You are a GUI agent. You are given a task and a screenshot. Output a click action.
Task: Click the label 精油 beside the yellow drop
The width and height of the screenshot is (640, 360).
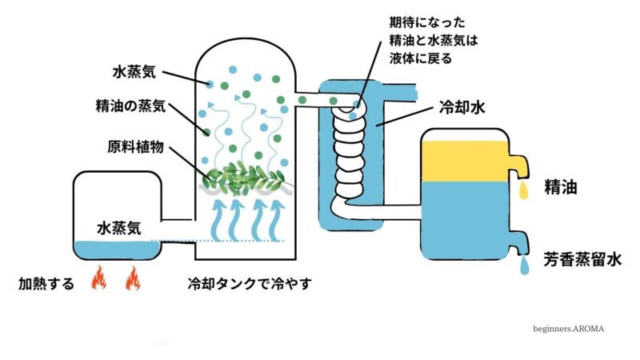click(561, 187)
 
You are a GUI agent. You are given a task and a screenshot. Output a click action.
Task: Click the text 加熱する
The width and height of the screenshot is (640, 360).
click(47, 283)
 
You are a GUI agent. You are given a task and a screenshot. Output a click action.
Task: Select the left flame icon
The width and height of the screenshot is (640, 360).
click(99, 279)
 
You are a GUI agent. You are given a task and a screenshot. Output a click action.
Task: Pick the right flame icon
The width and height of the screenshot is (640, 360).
click(133, 279)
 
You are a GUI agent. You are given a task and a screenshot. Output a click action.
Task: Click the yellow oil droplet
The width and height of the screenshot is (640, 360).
click(524, 190)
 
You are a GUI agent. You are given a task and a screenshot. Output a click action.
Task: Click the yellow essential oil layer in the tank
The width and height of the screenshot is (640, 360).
click(465, 160)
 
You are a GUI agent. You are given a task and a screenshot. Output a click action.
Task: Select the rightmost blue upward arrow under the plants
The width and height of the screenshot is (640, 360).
click(277, 219)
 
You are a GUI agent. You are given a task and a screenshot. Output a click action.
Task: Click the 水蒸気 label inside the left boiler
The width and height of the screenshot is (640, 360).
click(119, 226)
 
